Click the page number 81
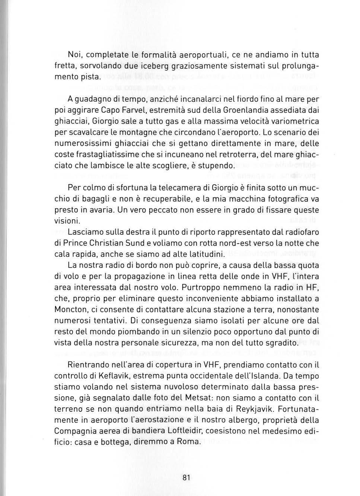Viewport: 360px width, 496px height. [187, 478]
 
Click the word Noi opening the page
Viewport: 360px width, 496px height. [75, 55]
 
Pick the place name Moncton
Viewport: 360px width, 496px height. [71, 309]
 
